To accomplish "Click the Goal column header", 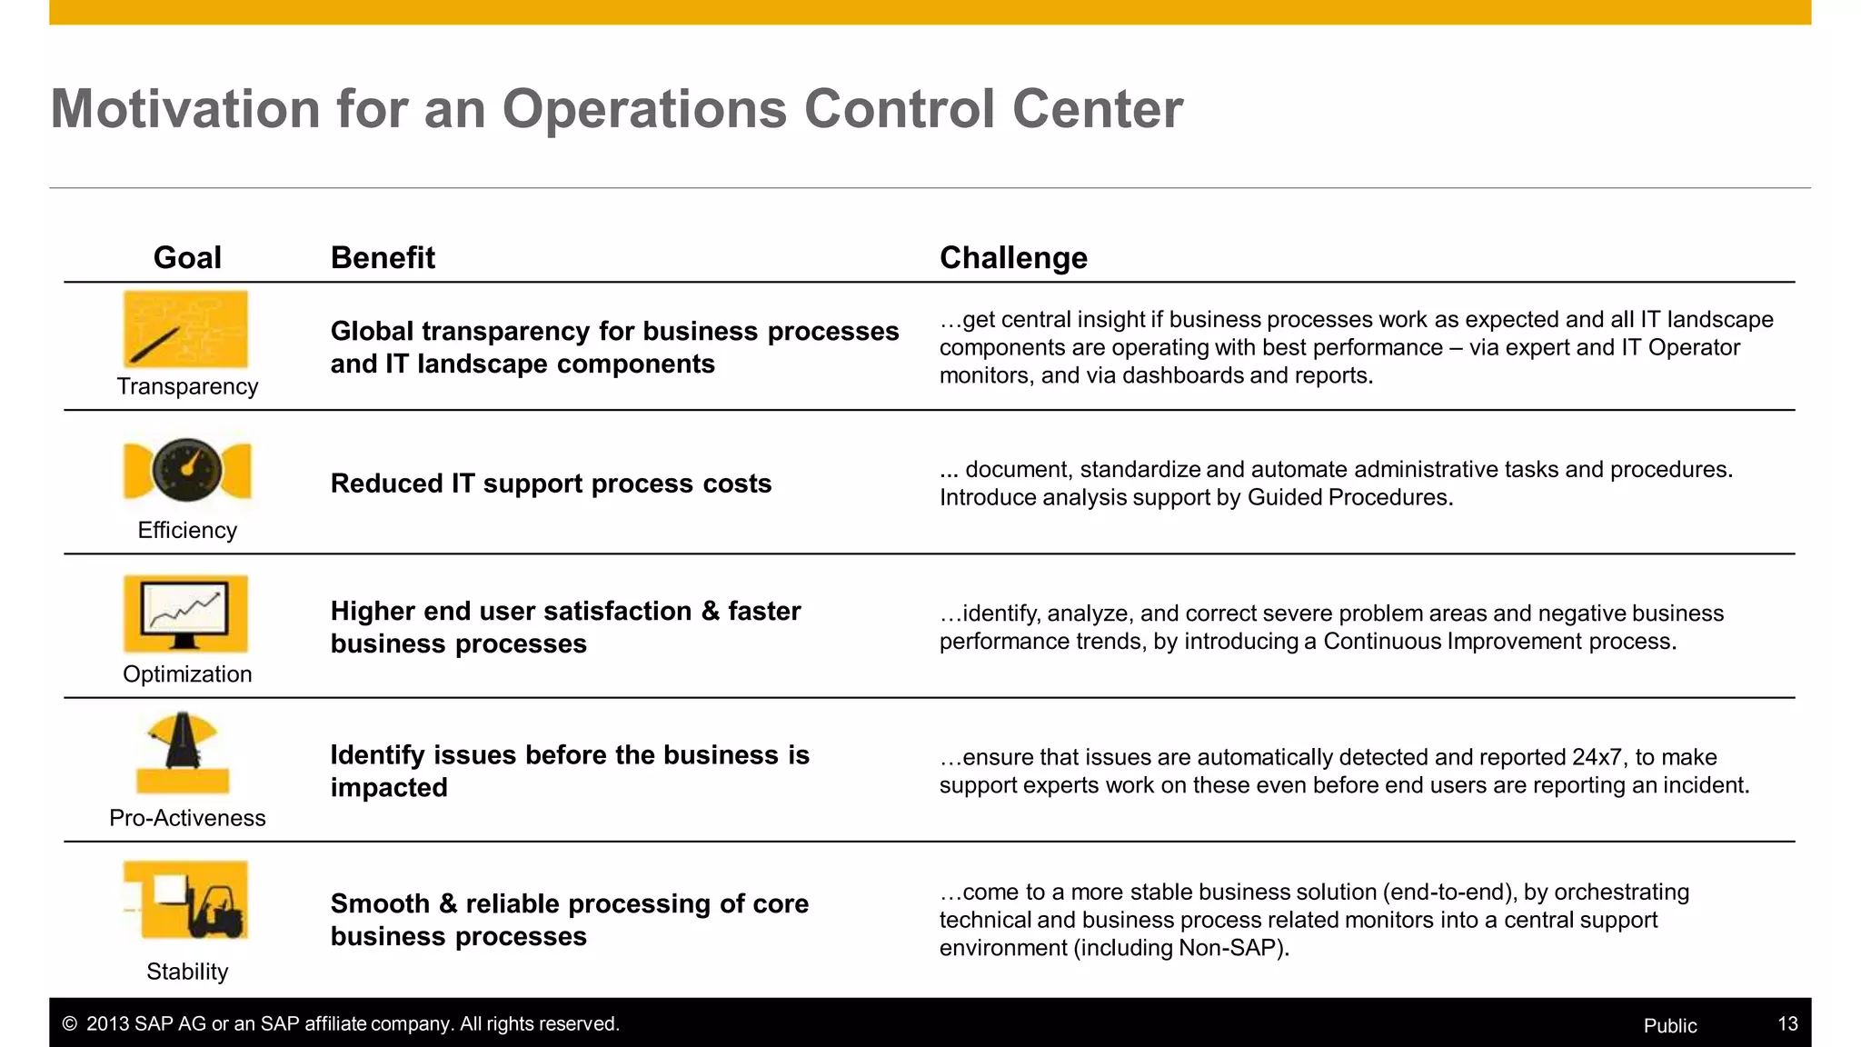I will point(187,258).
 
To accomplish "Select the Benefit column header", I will point(383,258).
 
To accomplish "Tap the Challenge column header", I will point(1013,258).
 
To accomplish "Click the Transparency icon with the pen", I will point(185,329).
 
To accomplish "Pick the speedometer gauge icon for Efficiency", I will point(187,470).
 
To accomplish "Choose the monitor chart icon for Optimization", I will point(185,613).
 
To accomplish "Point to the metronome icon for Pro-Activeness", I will point(184,753).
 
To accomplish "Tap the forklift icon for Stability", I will point(186,900).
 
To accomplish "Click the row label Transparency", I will point(187,386).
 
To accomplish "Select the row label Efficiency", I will point(187,530).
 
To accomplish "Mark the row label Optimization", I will point(187,674).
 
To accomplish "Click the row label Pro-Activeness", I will point(187,818).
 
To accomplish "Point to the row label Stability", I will point(187,972).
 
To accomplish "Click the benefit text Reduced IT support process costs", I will point(551,484).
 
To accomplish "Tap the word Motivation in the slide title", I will point(185,109).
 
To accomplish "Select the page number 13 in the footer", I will point(1787,1024).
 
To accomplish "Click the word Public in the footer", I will point(1669,1026).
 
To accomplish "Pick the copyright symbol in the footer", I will point(69,1024).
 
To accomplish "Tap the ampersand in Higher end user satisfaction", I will point(710,612).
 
